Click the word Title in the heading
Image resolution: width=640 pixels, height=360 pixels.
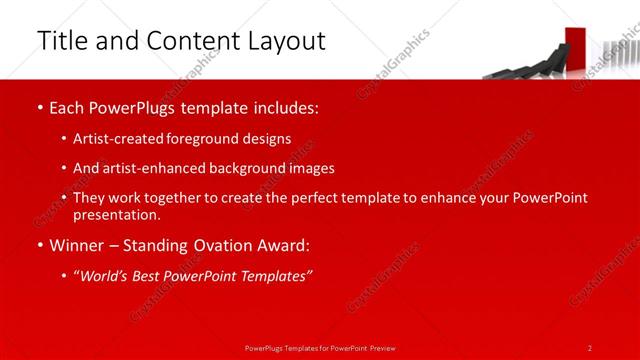(x=59, y=41)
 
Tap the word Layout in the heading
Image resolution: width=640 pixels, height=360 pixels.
(x=284, y=41)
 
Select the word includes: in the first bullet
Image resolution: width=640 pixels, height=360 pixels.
(x=285, y=106)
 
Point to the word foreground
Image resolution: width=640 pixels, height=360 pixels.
(x=207, y=139)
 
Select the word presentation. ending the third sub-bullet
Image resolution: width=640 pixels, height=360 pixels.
(x=117, y=214)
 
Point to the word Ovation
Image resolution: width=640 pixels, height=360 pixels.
(x=229, y=246)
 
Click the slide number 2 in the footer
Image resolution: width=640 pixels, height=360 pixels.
(x=590, y=347)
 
